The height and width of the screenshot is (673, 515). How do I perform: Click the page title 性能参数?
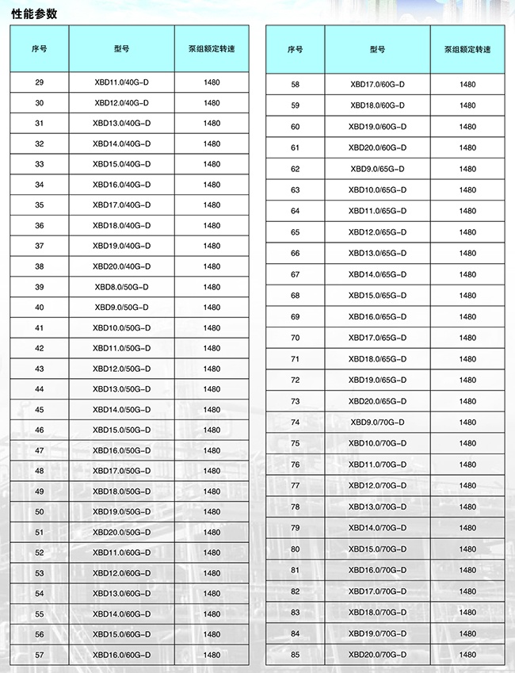[34, 13]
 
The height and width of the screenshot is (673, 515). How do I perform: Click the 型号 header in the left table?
[121, 48]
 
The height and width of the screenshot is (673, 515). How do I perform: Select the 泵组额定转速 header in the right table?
[467, 49]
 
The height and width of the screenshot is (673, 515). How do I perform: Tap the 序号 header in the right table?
[295, 49]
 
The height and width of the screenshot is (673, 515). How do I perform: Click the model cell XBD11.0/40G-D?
[121, 82]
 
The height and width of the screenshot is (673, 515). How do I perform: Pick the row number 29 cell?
[40, 82]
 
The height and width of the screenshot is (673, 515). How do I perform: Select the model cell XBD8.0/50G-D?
[121, 287]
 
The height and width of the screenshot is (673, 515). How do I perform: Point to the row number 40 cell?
[40, 308]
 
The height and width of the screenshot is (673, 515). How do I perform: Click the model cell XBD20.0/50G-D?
[121, 532]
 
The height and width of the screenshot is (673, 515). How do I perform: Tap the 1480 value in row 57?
[212, 655]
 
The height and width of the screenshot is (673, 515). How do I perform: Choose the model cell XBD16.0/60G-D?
[121, 655]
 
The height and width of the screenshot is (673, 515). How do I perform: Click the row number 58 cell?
[296, 84]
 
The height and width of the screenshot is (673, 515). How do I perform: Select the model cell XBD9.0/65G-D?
[377, 169]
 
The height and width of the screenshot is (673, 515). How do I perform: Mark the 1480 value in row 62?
[467, 169]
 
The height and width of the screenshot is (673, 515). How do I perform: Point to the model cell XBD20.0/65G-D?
[377, 401]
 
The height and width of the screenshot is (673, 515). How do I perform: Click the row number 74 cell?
[296, 423]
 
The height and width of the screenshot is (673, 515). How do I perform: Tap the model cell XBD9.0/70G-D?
[377, 423]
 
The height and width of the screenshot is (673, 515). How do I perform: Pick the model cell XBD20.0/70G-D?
[377, 655]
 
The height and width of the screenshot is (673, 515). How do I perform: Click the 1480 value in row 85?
[467, 655]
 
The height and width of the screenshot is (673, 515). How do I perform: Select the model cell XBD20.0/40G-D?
[121, 266]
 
